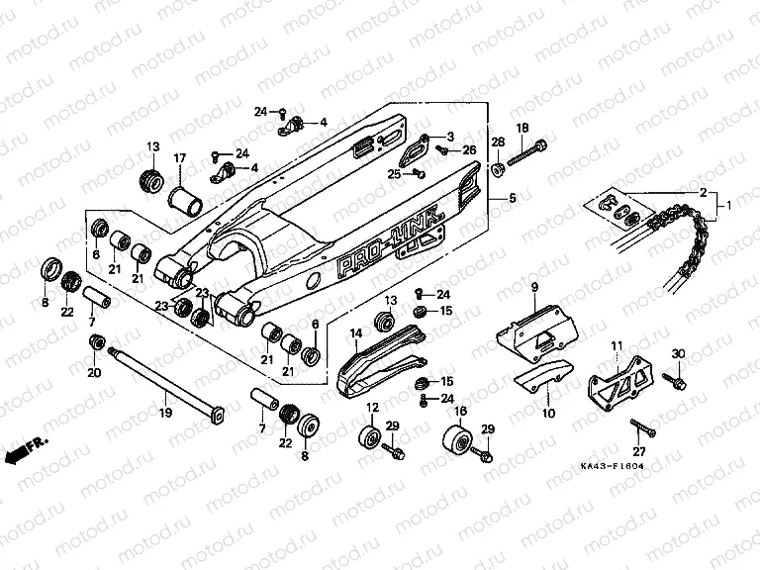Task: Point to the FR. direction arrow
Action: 28,450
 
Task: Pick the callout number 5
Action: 513,199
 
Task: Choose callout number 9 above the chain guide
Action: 534,288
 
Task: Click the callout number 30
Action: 678,354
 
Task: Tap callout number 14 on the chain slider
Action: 353,335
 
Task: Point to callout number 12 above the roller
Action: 373,409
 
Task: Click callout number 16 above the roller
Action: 459,410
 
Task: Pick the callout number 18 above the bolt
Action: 522,128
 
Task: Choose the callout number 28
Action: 498,142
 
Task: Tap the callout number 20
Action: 94,373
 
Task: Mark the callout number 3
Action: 449,136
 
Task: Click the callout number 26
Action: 469,149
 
